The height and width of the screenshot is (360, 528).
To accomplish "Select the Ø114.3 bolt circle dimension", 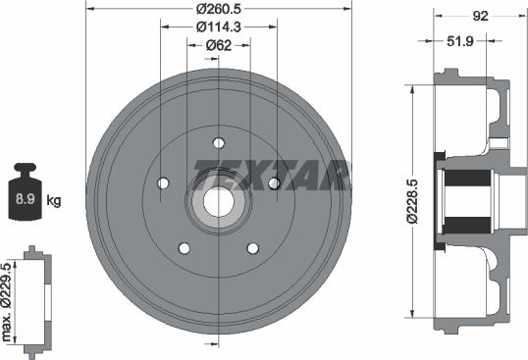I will coord(218,27).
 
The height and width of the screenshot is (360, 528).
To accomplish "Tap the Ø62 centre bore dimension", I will coord(218,44).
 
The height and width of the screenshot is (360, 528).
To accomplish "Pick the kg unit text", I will coord(54,201).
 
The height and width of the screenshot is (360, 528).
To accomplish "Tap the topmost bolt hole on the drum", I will coord(218,142).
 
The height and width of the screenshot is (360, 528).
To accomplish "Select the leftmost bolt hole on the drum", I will coord(162,183).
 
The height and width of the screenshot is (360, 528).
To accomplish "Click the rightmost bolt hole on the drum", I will coord(275,183).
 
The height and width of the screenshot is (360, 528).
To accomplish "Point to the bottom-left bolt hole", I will coord(184,248).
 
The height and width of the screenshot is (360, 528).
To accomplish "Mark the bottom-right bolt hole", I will coord(253,248).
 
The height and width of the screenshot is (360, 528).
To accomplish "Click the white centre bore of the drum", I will coord(218,201).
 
